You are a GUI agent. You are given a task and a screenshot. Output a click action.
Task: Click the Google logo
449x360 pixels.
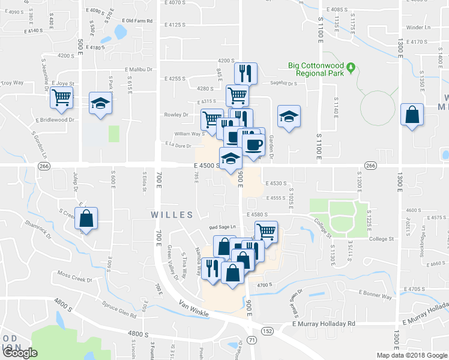click(x=20, y=353)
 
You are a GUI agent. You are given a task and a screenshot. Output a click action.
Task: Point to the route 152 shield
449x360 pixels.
click(x=267, y=331)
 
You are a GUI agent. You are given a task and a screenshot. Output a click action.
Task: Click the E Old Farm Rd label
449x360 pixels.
click(x=137, y=21)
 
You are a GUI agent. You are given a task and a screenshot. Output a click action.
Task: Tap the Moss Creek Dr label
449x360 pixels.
click(x=73, y=277)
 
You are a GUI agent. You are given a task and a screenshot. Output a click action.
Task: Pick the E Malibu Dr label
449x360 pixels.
click(x=139, y=69)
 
